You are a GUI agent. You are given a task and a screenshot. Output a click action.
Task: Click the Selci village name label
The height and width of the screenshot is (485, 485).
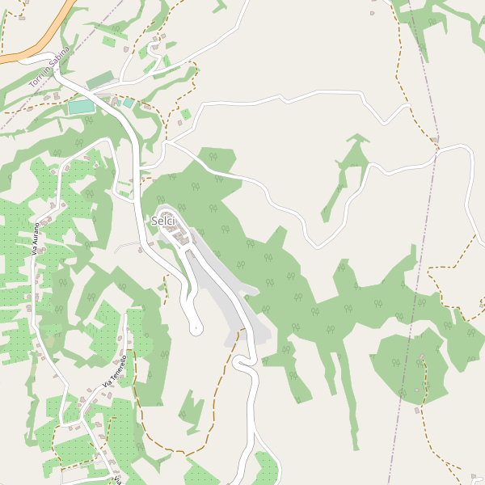tap(164, 221)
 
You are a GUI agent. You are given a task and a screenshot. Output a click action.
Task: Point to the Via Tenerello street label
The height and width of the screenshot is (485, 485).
tap(115, 371)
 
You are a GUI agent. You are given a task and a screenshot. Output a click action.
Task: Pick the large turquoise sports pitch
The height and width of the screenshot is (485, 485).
tap(80, 107)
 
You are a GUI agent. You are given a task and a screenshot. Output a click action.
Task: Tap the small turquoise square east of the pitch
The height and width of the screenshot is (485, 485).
tap(128, 103)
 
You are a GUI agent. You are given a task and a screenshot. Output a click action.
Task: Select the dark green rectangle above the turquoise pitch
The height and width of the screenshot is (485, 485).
tap(100, 80)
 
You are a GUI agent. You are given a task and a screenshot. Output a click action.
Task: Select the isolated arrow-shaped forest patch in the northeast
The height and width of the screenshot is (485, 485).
tap(348, 170)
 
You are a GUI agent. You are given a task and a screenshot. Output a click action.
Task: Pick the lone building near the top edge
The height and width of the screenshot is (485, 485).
tap(372, 13)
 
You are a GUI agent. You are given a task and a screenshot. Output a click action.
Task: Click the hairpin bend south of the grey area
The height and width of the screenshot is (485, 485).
tap(241, 364)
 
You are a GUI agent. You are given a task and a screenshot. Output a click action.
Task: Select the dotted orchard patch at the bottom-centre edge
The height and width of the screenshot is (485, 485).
tap(265, 469)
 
